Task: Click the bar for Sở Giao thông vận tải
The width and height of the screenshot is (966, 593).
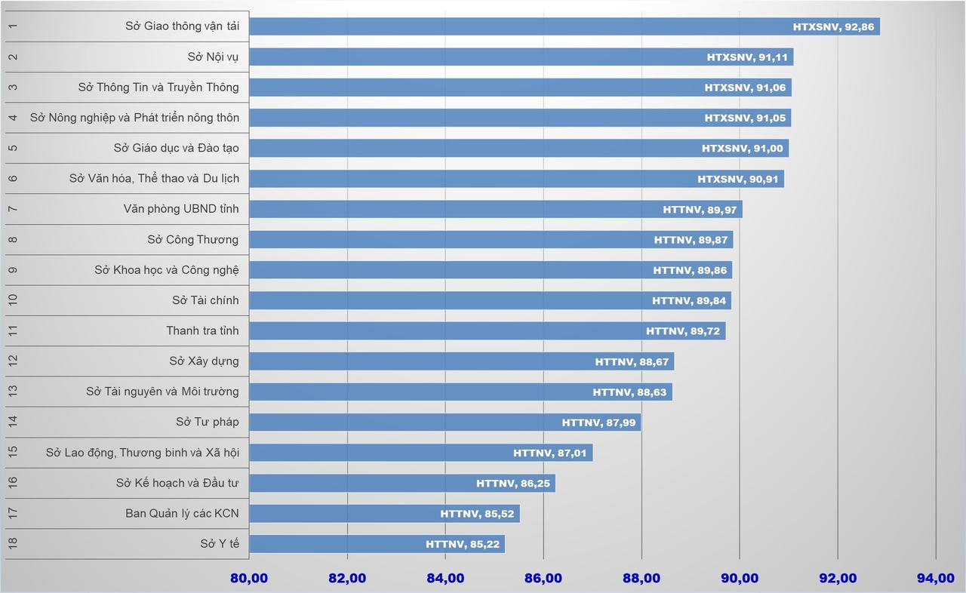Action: point(565,26)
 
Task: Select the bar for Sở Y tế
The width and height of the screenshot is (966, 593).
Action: point(377,544)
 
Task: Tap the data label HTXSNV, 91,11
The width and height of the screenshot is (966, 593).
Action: point(746,57)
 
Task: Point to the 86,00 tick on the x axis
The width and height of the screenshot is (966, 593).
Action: point(543,579)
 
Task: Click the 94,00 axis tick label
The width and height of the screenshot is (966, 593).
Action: point(935,579)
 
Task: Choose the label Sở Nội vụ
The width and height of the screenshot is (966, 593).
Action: point(213,57)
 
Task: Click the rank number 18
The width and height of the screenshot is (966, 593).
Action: point(13,544)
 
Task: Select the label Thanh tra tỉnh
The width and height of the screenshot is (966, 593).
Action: point(202,330)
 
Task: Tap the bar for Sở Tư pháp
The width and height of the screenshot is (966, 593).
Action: point(445,422)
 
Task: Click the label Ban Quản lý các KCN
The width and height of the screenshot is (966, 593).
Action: point(182,514)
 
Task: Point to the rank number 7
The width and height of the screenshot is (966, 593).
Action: point(13,209)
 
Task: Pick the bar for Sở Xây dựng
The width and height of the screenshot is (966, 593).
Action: point(461,361)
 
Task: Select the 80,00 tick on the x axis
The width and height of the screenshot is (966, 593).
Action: point(249,579)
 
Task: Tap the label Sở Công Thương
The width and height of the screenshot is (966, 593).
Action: point(192,239)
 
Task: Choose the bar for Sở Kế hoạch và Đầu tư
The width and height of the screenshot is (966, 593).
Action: point(402,483)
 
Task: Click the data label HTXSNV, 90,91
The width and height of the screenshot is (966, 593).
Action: point(737,179)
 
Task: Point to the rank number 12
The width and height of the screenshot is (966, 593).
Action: point(13,361)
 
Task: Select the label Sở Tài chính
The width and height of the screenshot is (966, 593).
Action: point(205,300)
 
